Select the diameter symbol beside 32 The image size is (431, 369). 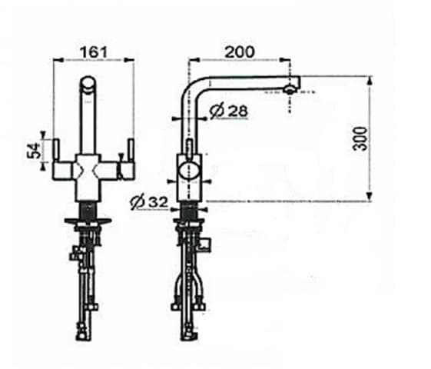[x=139, y=203]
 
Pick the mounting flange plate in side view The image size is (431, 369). [x=189, y=222]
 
